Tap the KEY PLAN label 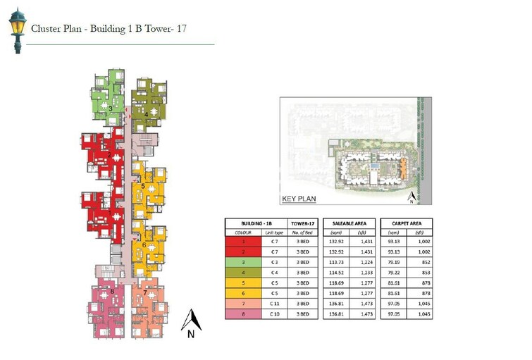click(299, 199)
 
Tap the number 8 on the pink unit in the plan click(112, 291)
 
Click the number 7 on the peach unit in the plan click(145, 292)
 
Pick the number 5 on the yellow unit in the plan click(143, 186)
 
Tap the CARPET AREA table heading click(406, 223)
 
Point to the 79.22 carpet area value click(394, 272)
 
